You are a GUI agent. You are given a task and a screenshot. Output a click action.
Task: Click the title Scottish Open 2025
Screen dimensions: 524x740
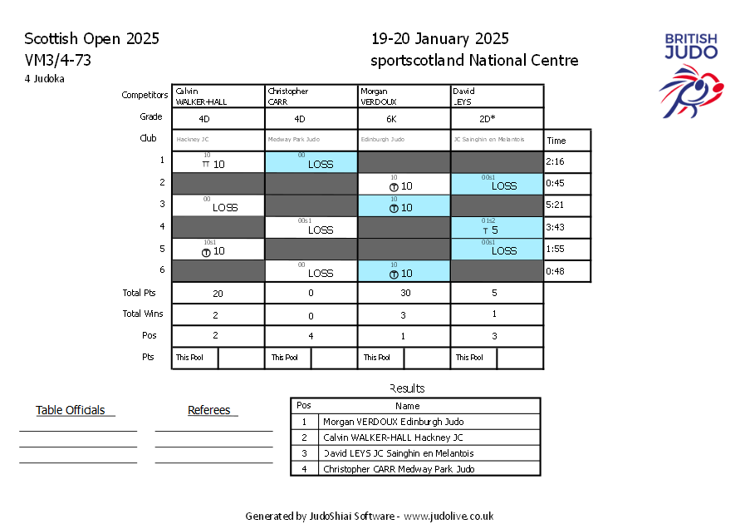(x=91, y=39)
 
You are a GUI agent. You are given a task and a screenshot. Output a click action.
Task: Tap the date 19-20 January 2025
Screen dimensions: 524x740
(x=440, y=39)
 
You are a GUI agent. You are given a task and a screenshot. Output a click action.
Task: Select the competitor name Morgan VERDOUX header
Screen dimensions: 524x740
(x=404, y=96)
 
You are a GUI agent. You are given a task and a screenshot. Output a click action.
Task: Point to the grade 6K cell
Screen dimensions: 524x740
(x=404, y=118)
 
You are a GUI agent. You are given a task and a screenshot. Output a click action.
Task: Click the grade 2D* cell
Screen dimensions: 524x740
(x=497, y=118)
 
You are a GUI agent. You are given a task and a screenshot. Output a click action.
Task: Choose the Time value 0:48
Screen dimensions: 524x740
(x=555, y=271)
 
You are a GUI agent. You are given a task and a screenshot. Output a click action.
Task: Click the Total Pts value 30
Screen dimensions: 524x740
(x=404, y=293)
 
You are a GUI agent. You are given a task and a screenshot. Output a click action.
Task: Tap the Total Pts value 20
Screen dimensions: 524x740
(x=218, y=293)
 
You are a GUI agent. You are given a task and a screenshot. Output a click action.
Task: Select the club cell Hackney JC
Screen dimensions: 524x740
(x=218, y=140)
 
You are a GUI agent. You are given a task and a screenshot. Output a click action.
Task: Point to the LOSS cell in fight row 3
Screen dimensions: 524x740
(x=224, y=207)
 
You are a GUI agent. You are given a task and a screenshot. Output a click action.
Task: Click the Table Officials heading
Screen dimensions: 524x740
(x=71, y=410)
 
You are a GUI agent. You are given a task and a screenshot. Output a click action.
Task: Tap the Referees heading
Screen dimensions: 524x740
(x=209, y=410)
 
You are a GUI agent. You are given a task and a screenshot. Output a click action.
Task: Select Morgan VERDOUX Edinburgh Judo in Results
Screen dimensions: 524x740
(x=393, y=422)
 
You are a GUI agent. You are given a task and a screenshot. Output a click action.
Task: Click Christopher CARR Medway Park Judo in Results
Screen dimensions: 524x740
(x=399, y=469)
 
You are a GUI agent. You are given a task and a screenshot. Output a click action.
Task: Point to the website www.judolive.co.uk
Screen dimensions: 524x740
(x=448, y=517)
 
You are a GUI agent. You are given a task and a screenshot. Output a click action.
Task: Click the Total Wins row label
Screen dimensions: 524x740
(x=143, y=314)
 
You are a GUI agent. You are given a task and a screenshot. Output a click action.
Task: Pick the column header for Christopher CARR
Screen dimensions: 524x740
(x=311, y=96)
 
